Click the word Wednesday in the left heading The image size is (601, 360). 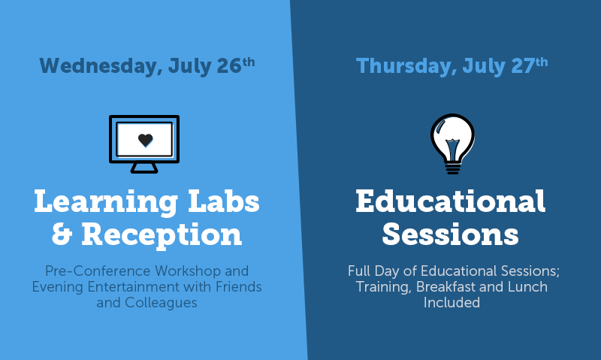[98, 65]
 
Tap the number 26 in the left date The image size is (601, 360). [229, 65]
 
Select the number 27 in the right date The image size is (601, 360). [523, 65]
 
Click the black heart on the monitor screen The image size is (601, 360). [145, 140]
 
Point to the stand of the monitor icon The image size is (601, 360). [144, 168]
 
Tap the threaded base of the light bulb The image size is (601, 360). [453, 168]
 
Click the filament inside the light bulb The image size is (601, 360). [453, 147]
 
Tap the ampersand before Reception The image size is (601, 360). [62, 234]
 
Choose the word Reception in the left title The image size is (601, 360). [162, 235]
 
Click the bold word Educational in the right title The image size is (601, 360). [450, 201]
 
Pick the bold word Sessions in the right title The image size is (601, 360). [450, 234]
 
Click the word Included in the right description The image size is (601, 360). [452, 302]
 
